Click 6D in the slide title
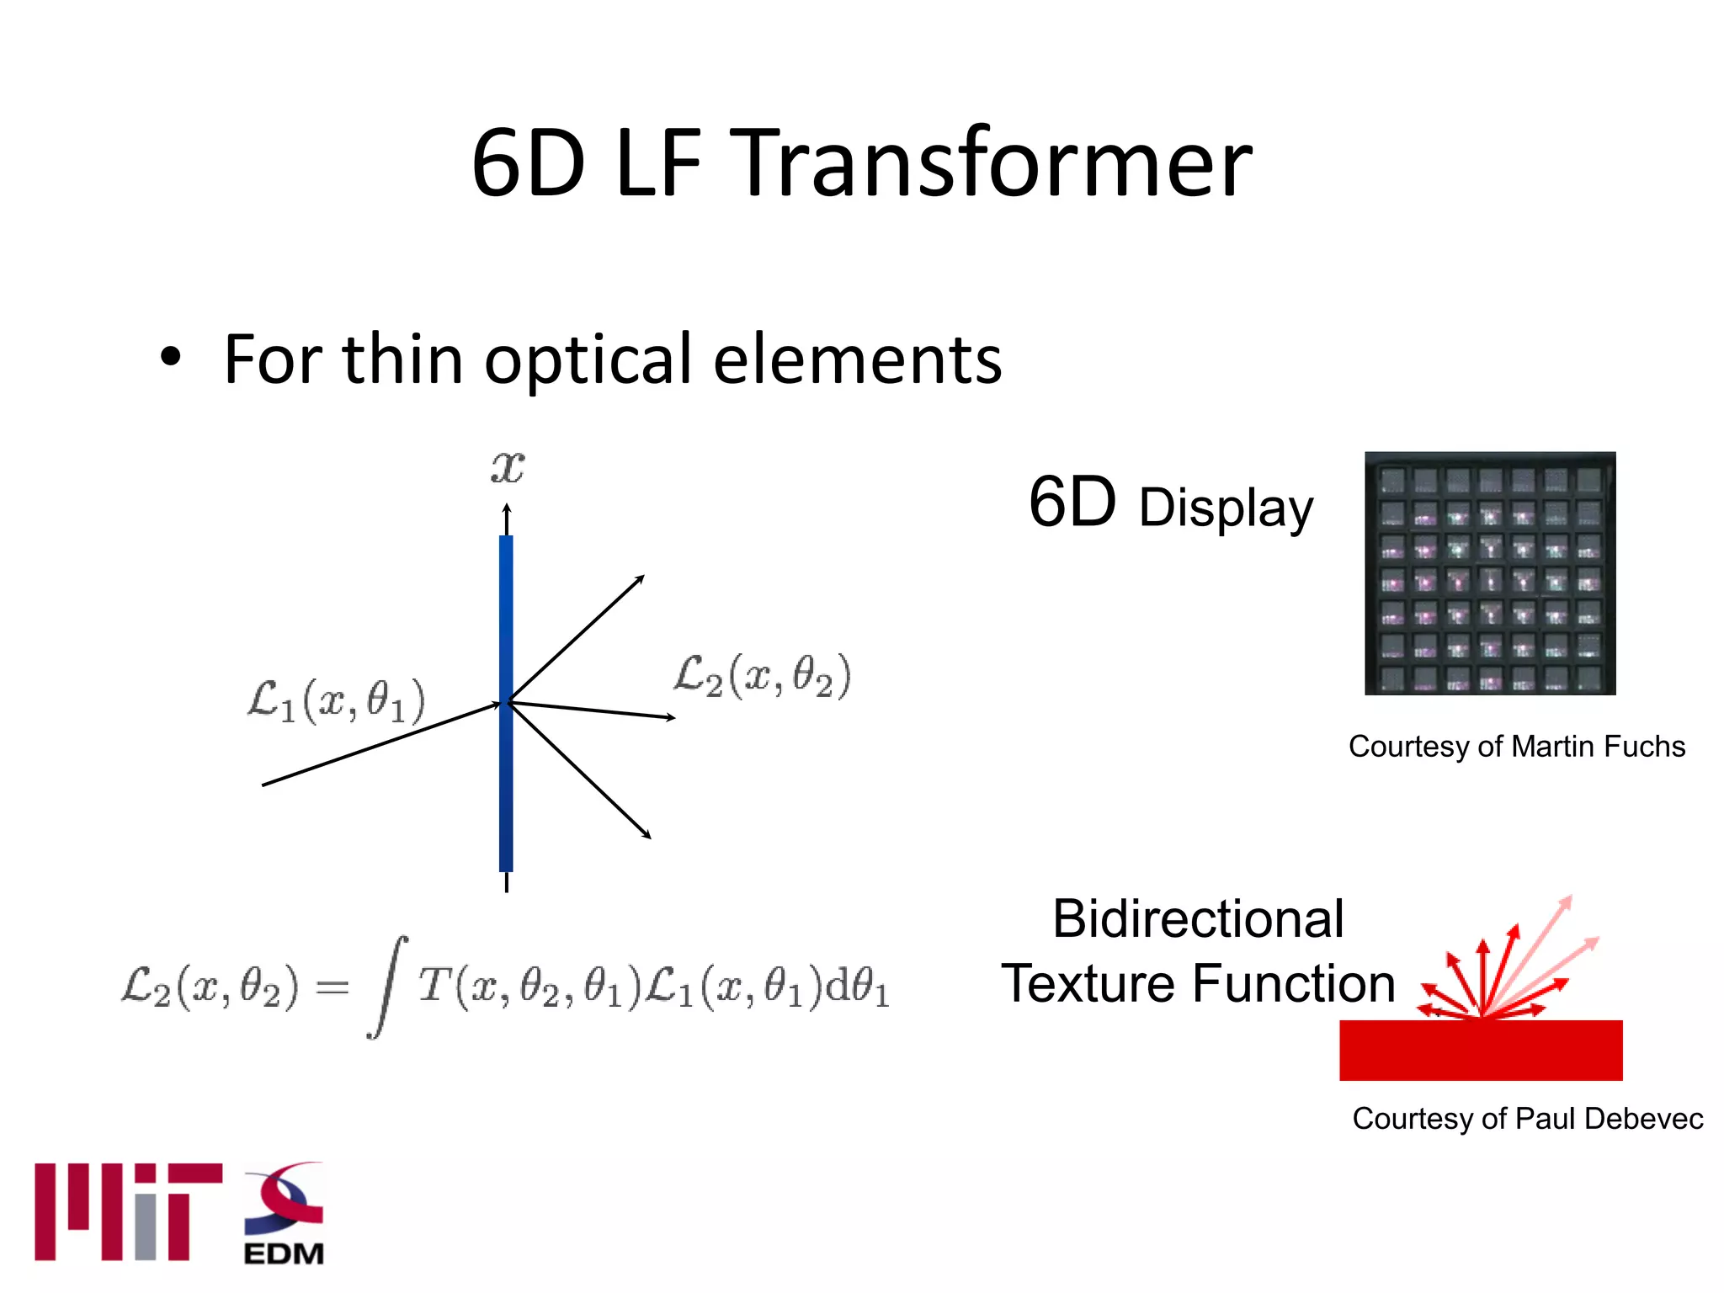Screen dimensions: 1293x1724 528,163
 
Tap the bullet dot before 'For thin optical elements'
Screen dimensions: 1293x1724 170,357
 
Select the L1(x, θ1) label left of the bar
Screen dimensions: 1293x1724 336,700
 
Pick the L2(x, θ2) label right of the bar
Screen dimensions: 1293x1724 762,676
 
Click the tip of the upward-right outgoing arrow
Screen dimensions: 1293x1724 643,577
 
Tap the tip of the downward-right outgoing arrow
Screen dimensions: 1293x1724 650,838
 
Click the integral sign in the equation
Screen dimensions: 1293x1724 387,987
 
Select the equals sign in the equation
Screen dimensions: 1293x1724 332,987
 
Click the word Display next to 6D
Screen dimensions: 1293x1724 1226,508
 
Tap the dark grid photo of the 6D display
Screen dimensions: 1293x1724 1490,573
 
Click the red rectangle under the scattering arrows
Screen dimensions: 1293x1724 1481,1050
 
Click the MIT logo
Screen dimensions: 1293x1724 128,1211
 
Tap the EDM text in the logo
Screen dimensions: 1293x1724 284,1253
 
